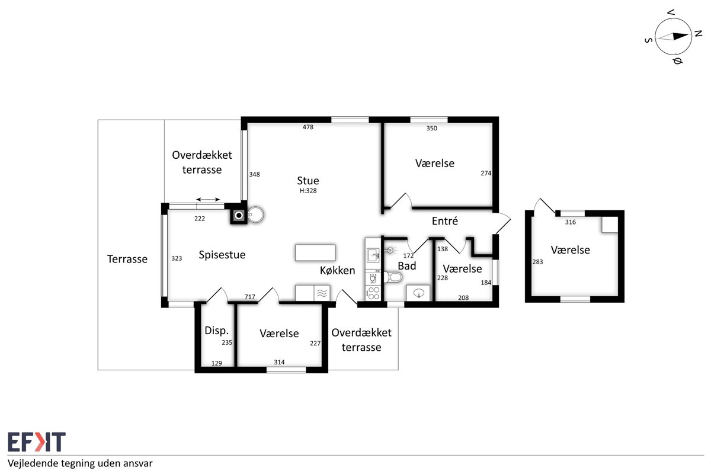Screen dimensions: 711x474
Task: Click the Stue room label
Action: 308,181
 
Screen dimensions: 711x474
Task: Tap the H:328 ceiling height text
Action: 308,191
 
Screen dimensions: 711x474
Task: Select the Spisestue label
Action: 222,255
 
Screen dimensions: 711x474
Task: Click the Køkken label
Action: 337,271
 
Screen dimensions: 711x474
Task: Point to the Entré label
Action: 445,221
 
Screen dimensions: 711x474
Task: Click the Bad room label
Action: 406,266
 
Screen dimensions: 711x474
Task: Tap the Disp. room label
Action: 216,331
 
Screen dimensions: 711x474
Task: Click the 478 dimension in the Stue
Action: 308,127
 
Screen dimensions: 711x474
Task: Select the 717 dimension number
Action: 250,297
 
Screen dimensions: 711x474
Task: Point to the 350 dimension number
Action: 432,128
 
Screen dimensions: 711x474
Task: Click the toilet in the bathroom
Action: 393,277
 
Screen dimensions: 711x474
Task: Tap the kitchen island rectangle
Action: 315,253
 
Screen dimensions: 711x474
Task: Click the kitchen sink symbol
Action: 373,255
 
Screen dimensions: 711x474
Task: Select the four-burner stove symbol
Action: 373,293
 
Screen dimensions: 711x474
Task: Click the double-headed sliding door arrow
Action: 208,200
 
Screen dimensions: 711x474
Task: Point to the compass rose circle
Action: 673,36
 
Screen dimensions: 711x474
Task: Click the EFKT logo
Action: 37,441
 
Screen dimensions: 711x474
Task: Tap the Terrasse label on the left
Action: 127,259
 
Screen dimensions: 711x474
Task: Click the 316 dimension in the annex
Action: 571,222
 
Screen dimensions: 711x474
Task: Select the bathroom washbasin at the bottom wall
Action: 419,293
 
